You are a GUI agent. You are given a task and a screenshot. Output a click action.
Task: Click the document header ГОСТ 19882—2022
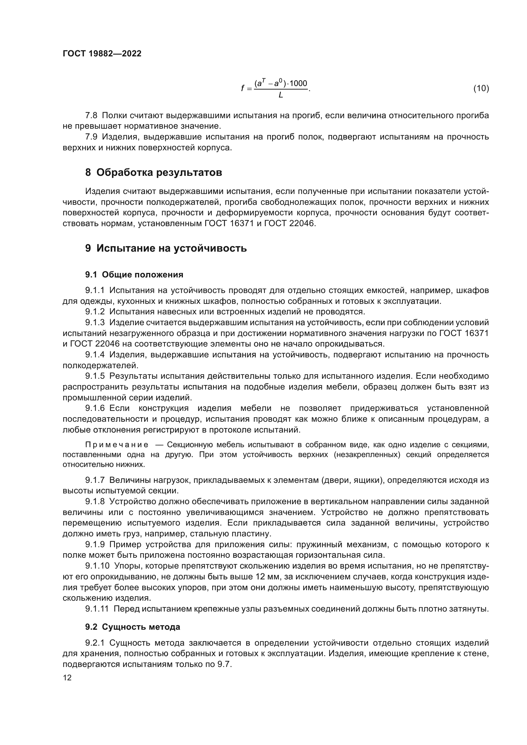tap(102, 54)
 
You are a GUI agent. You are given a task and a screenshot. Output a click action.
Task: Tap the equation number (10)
tap(481, 88)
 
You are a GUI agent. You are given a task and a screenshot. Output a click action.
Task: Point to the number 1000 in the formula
tap(298, 83)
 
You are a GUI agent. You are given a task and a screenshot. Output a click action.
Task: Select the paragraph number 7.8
tap(91, 115)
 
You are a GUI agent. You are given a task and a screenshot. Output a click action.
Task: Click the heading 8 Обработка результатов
tap(154, 172)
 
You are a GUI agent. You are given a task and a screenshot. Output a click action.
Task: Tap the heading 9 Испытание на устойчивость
tap(166, 248)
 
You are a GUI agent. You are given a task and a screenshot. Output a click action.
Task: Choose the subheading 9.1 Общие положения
tap(134, 275)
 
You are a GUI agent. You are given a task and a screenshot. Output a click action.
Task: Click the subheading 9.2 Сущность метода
tap(133, 627)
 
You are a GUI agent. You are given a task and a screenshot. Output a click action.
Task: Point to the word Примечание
tap(117, 445)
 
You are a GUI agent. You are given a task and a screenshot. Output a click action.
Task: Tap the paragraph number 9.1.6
tap(95, 408)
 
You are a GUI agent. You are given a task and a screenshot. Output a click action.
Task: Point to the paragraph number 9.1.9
tap(95, 544)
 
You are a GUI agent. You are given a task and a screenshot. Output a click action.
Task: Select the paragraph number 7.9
tap(91, 137)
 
